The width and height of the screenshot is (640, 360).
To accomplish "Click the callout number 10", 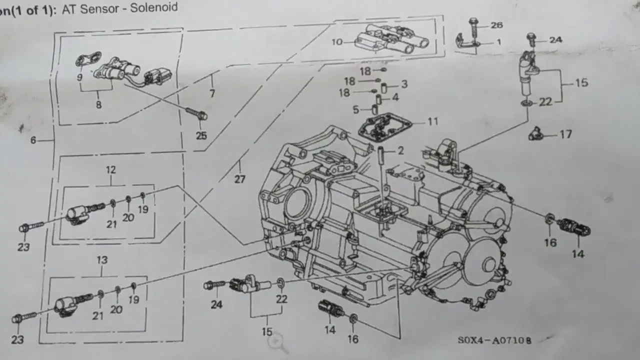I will click(x=336, y=42).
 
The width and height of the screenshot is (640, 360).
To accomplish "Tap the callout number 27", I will click(x=240, y=179).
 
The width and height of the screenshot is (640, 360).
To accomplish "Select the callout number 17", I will click(x=565, y=134).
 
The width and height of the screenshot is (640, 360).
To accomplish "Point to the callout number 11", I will click(x=432, y=121).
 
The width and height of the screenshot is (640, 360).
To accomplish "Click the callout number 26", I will click(x=496, y=25).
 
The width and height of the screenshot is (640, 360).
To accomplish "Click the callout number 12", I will click(x=110, y=170).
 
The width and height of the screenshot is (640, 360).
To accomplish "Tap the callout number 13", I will click(x=102, y=260).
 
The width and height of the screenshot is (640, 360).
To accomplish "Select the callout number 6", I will click(x=33, y=140).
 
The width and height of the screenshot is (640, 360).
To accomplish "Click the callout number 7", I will click(x=212, y=93).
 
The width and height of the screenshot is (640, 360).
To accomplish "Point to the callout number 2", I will click(x=400, y=150).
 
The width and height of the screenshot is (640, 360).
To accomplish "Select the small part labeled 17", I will click(x=535, y=134).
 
